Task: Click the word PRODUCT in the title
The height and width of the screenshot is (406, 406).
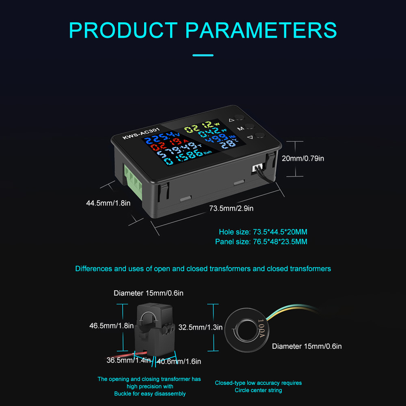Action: [x=123, y=30]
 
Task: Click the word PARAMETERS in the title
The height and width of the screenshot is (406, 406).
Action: [x=261, y=30]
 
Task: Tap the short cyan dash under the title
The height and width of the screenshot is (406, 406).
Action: [x=203, y=55]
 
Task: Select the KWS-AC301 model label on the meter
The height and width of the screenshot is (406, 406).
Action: [x=141, y=133]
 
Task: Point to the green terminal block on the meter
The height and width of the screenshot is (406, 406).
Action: [x=133, y=181]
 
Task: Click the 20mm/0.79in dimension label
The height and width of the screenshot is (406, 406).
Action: [x=303, y=158]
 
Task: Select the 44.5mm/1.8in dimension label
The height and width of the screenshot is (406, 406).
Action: [x=108, y=203]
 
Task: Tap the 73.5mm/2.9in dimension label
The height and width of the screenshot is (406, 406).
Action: [x=231, y=208]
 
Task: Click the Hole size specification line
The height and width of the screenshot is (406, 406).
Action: [x=263, y=232]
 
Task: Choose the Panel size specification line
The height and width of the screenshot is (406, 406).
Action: [x=261, y=242]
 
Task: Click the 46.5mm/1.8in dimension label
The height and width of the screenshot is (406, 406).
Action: [x=112, y=326]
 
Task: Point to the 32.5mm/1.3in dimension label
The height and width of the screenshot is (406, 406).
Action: [x=201, y=327]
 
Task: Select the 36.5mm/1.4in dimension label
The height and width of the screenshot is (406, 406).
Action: [x=129, y=360]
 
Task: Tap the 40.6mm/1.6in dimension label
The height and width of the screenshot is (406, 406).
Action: [x=179, y=361]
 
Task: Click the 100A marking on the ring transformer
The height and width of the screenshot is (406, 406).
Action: [x=261, y=328]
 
